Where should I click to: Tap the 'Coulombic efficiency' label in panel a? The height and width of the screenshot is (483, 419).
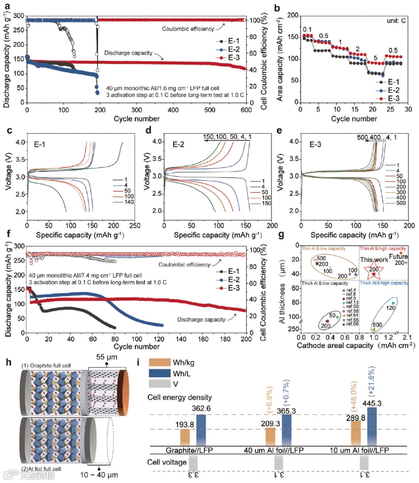188,29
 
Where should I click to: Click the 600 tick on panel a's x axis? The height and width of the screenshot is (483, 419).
246,110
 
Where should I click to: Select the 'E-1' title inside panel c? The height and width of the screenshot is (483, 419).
39,144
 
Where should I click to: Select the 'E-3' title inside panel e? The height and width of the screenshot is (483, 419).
315,144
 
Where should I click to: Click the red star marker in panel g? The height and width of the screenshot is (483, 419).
374,274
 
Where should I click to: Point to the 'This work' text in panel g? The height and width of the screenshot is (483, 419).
374,260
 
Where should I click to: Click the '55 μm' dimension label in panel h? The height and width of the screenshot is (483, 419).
106,358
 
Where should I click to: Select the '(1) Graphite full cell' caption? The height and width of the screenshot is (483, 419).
46,366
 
